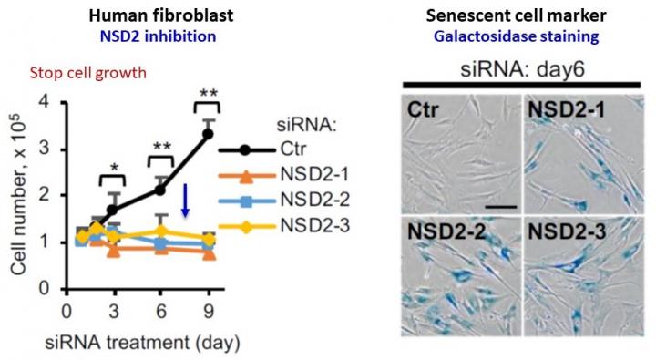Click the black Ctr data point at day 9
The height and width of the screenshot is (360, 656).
(x=208, y=133)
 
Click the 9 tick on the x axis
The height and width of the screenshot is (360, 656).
(x=208, y=309)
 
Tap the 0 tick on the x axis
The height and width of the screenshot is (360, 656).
(x=66, y=309)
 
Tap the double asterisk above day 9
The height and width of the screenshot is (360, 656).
(x=208, y=94)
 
